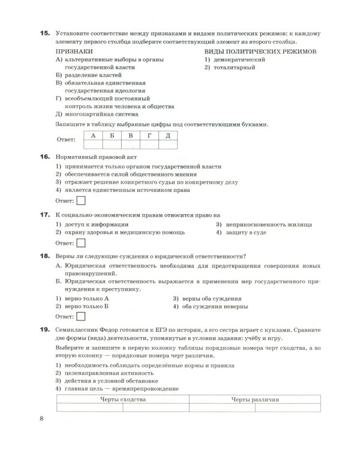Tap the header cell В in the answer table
pyautogui.click(x=130, y=135)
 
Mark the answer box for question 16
pyautogui.click(x=81, y=200)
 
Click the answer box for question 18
pyautogui.click(x=81, y=316)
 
